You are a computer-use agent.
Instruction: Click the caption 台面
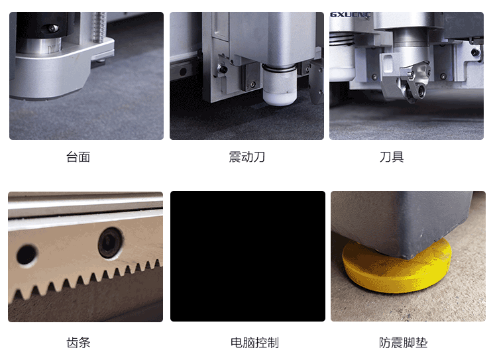78,157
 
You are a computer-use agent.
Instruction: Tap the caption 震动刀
247,157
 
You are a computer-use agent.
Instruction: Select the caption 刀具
392,157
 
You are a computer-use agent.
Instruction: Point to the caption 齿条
78,343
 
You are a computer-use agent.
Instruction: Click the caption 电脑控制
255,343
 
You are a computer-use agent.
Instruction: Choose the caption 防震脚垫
403,343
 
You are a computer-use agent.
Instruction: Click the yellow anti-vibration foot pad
397,267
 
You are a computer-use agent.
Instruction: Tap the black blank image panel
248,257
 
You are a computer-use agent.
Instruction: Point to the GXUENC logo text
351,15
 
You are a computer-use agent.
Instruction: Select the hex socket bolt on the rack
111,243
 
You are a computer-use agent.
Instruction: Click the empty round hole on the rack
27,254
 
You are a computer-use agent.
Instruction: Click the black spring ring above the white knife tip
279,68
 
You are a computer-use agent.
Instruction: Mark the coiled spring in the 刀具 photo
341,40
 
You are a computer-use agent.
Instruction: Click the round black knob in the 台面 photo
52,29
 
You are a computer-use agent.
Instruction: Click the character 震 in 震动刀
235,157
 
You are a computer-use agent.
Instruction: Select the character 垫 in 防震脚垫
421,343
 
